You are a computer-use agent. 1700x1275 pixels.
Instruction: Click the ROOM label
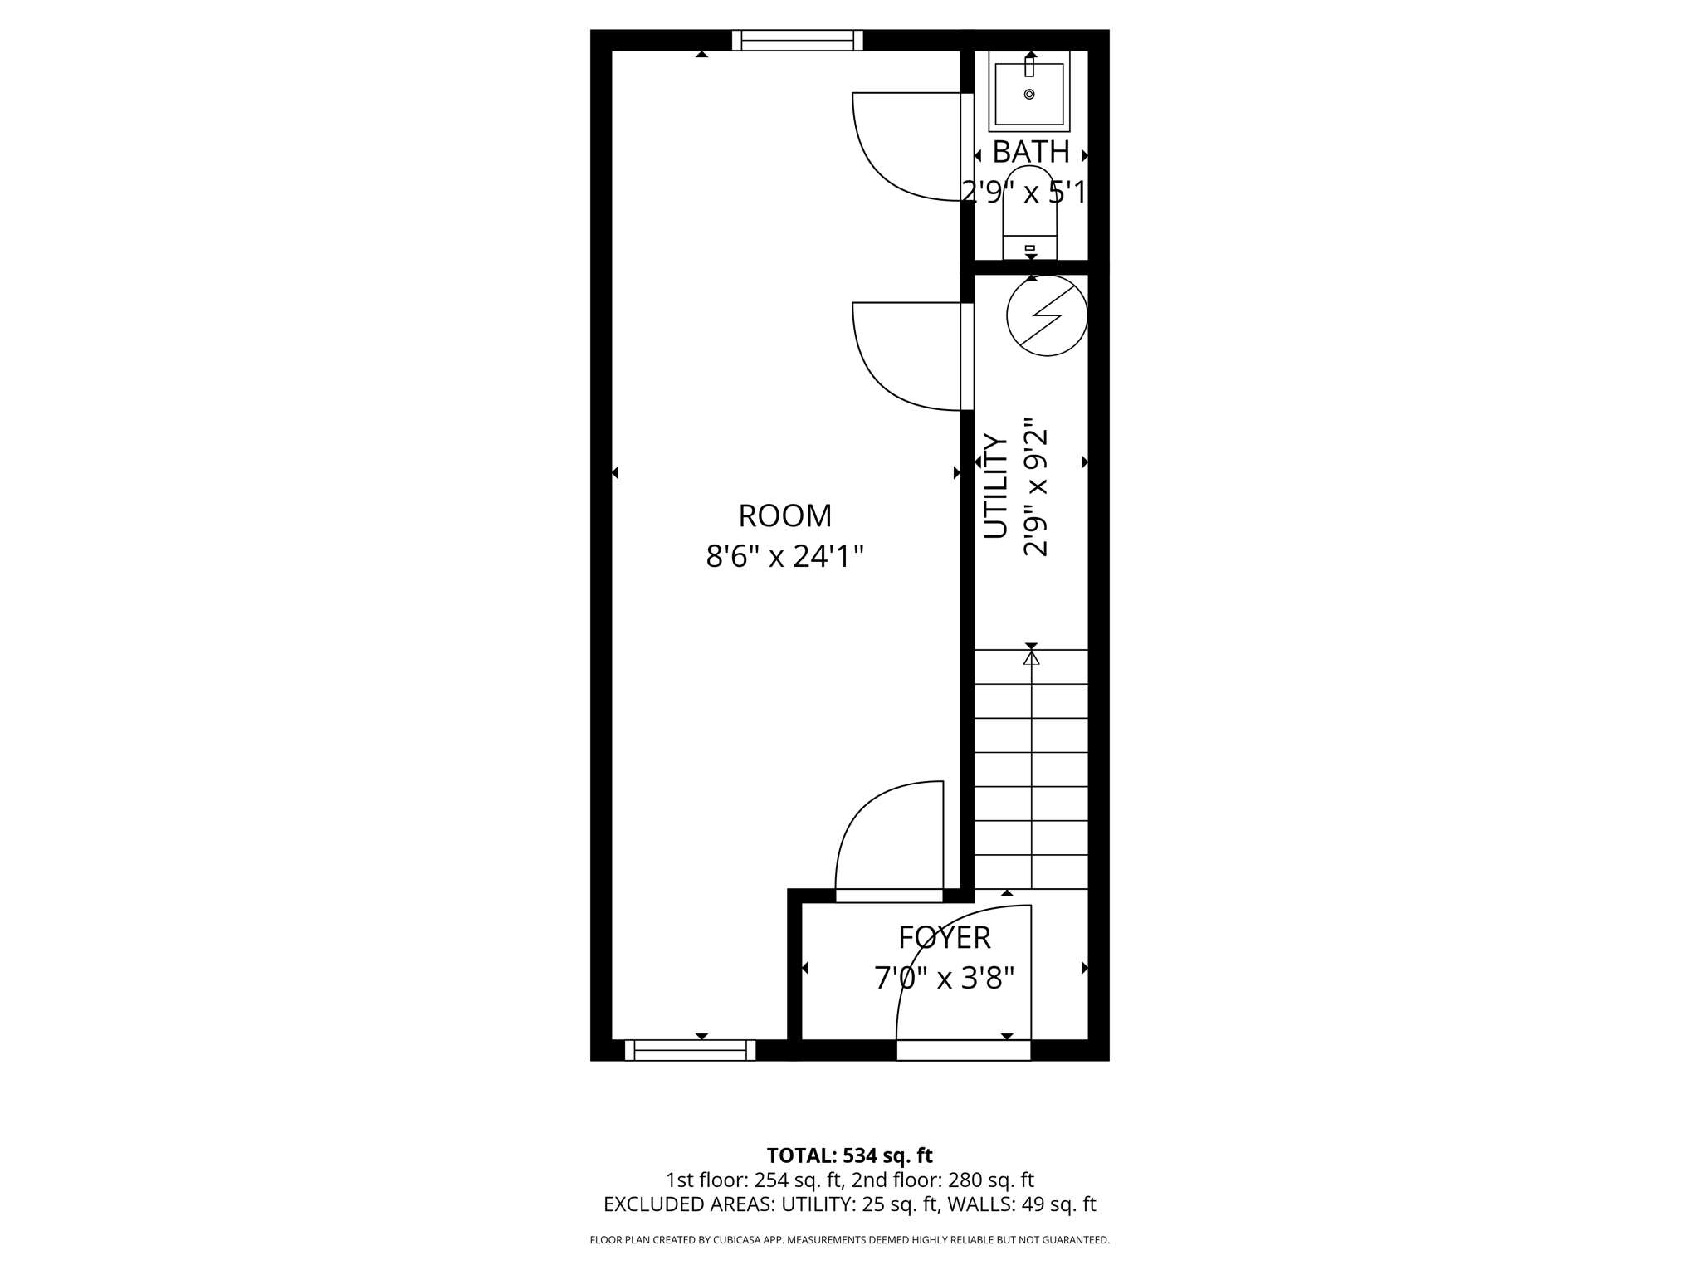pos(784,515)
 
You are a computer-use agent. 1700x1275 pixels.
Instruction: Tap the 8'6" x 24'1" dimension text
pos(784,556)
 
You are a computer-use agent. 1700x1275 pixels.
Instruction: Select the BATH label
pos(1030,152)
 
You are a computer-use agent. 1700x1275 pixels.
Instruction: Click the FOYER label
pos(944,938)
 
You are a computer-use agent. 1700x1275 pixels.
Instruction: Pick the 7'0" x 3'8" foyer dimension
pos(944,979)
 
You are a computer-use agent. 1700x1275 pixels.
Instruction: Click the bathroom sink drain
pos(1029,95)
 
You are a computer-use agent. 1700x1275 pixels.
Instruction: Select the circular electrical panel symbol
pos(1047,315)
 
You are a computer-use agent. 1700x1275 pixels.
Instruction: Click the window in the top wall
pos(797,40)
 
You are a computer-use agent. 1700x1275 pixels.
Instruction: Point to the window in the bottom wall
pos(690,1050)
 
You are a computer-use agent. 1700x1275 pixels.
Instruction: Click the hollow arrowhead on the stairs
pos(1031,658)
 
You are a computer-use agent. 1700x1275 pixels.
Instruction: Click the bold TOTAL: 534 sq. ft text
pos(849,1155)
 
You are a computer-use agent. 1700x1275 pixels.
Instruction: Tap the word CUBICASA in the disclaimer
pos(740,1240)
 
